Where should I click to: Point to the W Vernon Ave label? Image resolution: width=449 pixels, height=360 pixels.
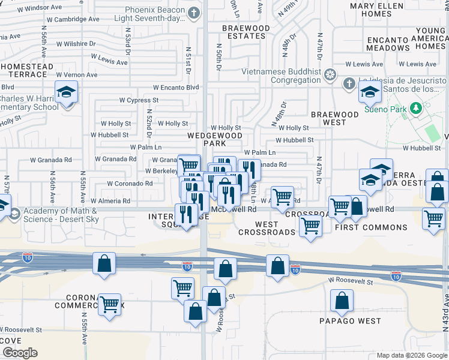pyautogui.click(x=76, y=74)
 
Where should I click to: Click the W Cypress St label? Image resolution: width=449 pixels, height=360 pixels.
pyautogui.click(x=139, y=100)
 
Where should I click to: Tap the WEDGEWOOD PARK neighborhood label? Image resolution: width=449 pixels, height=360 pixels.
pyautogui.click(x=206, y=139)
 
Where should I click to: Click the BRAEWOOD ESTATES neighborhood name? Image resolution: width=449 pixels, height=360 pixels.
pyautogui.click(x=246, y=32)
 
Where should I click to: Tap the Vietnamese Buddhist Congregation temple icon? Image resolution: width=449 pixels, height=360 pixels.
pyautogui.click(x=329, y=75)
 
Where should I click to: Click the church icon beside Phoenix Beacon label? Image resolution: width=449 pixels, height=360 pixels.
pyautogui.click(x=193, y=13)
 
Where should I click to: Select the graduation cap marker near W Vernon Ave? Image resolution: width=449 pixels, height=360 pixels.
pyautogui.click(x=66, y=93)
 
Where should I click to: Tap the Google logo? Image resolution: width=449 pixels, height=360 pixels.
pyautogui.click(x=20, y=353)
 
